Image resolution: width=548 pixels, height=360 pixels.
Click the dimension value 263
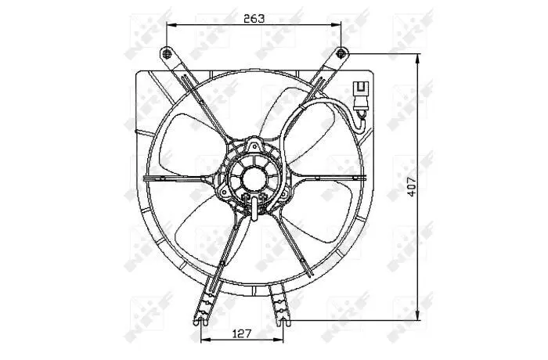(x=254, y=18)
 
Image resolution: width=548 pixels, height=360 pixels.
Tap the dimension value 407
(x=412, y=186)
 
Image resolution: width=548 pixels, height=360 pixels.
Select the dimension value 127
(x=242, y=333)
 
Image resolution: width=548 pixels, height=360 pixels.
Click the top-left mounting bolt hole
(x=167, y=53)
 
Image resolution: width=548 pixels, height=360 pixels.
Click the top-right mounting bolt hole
(x=341, y=53)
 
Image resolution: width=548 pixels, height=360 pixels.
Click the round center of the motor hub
(x=254, y=180)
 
